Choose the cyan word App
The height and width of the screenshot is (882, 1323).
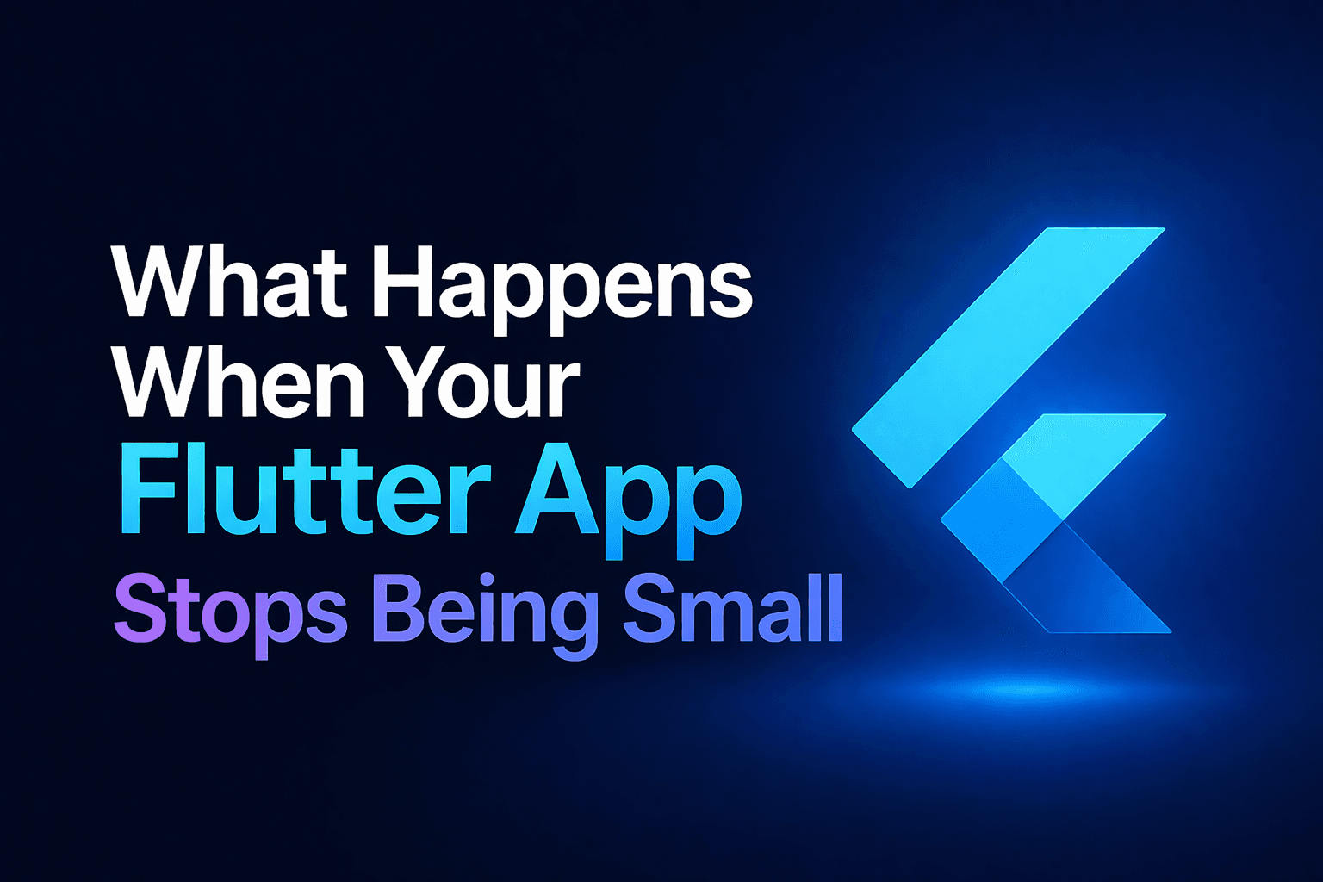click(628, 500)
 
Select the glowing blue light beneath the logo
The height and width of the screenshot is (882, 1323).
click(1025, 689)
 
